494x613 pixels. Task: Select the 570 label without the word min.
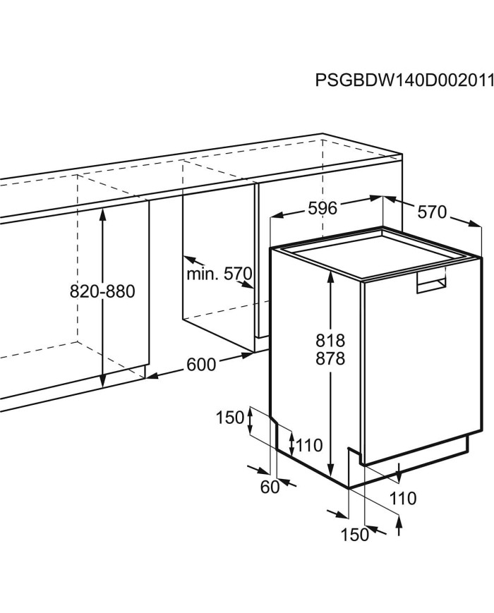pos(432,212)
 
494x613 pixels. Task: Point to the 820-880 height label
pos(102,291)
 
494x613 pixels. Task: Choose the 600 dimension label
pos(201,364)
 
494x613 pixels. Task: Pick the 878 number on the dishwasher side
pos(330,358)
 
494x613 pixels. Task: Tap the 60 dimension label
pos(270,486)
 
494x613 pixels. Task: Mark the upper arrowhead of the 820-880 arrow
pos(103,212)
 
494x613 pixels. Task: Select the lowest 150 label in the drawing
pos(355,535)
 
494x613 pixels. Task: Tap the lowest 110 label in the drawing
pos(403,498)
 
